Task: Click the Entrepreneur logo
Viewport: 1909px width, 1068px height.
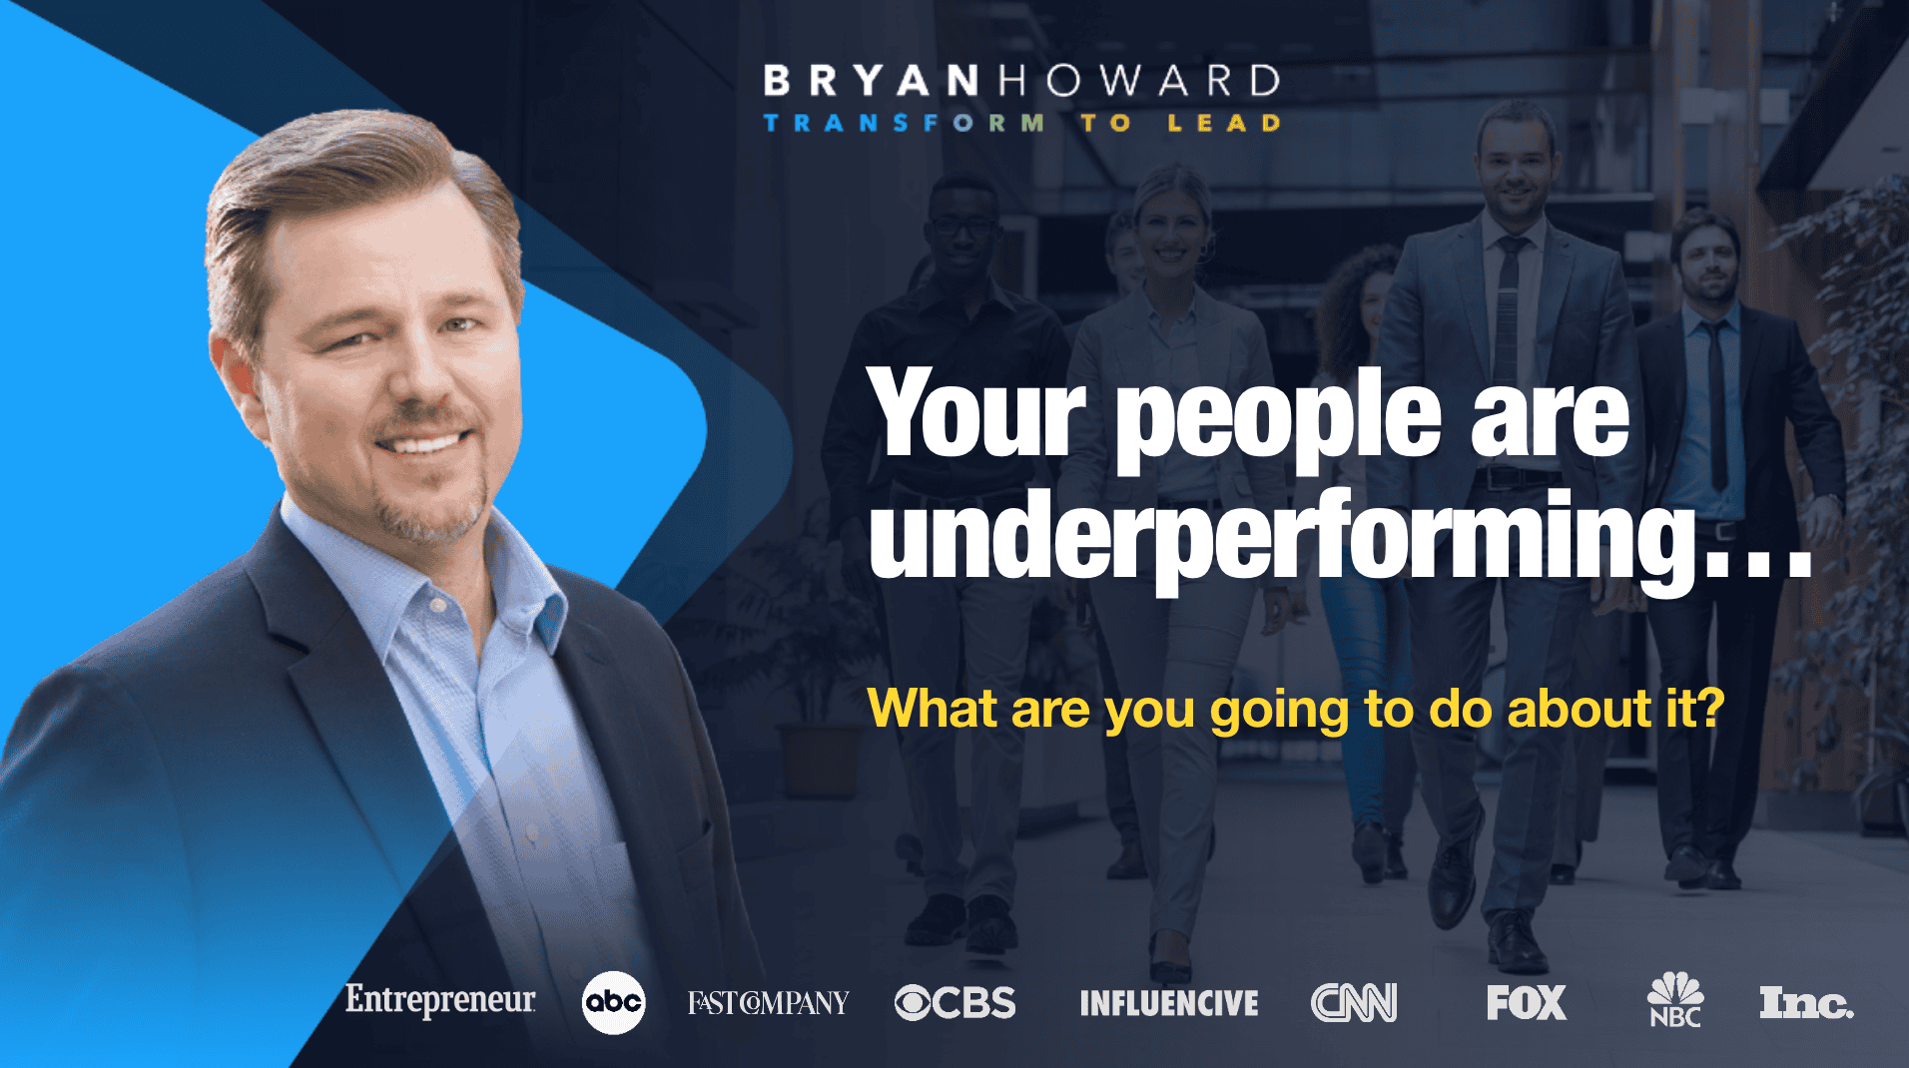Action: pos(440,1000)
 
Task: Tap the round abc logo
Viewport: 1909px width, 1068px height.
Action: pos(613,1002)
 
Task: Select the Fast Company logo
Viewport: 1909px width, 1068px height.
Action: pos(768,1002)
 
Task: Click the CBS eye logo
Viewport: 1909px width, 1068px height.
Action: pos(954,1003)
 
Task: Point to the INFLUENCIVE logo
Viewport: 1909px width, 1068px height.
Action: pos(1169,1003)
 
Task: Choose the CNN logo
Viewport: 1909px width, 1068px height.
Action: pos(1354,1003)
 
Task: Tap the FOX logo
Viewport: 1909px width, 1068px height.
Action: pos(1527,1003)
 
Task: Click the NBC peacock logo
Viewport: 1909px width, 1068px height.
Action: pos(1675,1000)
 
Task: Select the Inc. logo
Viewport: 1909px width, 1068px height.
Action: pos(1806,1003)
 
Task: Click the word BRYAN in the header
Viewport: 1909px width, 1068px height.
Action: pos(872,81)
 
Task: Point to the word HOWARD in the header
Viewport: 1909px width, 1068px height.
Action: pos(1139,81)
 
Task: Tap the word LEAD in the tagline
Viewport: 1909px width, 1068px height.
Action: pos(1224,123)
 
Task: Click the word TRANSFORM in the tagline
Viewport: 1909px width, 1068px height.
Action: pos(904,123)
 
